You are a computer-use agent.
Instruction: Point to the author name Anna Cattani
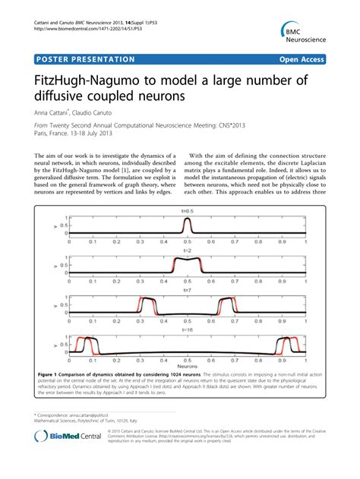(x=54, y=112)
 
